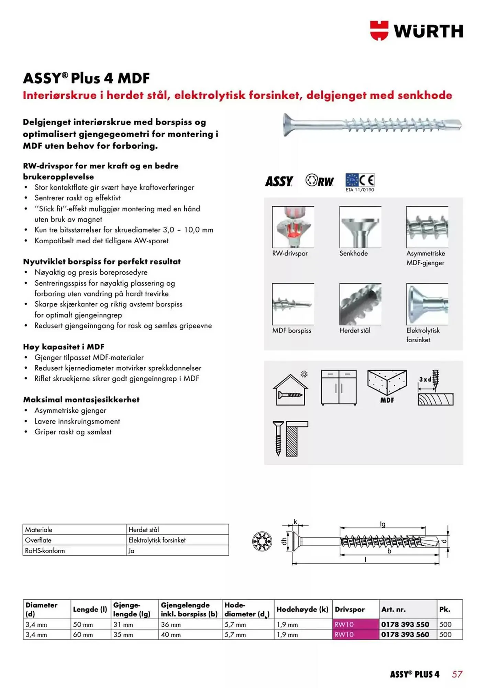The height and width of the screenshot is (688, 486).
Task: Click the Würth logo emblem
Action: (x=379, y=31)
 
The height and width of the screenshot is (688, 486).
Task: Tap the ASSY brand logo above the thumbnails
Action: (x=279, y=181)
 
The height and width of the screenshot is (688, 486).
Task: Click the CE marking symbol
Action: (x=367, y=180)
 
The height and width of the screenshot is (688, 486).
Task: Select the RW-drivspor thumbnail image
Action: (x=293, y=227)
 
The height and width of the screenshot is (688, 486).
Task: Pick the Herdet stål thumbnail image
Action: (x=360, y=304)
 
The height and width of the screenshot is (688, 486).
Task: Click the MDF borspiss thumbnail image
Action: (x=293, y=304)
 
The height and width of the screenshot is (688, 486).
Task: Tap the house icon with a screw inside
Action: (x=290, y=390)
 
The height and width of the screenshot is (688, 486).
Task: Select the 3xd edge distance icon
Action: (x=435, y=388)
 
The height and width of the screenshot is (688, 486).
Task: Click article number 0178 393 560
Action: (x=405, y=635)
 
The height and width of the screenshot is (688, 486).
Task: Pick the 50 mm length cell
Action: (x=83, y=625)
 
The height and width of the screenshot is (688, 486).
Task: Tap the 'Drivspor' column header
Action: (x=350, y=610)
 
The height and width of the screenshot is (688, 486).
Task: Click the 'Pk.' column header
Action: (x=445, y=610)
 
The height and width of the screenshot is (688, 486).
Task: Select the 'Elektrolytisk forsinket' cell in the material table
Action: (x=157, y=540)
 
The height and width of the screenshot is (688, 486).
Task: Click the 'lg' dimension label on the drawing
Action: (x=383, y=524)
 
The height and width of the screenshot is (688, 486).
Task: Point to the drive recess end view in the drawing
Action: (x=262, y=541)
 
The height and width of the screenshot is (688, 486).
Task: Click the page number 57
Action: (x=457, y=674)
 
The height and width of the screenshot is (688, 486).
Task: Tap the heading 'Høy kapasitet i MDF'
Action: (x=64, y=347)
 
